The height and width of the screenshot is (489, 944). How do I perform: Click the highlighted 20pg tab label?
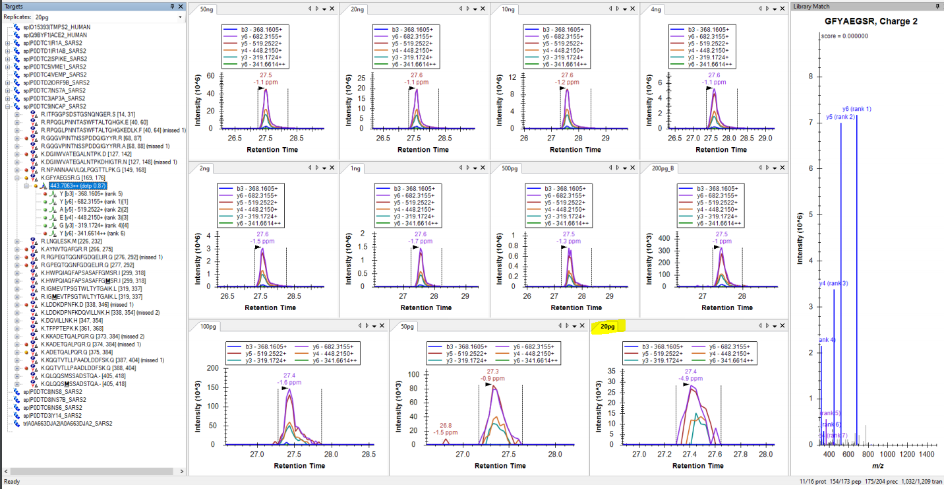(x=608, y=326)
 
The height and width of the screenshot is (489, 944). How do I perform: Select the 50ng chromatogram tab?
(x=207, y=9)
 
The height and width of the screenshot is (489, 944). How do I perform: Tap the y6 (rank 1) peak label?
(x=856, y=109)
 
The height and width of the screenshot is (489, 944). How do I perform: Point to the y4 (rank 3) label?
(x=833, y=284)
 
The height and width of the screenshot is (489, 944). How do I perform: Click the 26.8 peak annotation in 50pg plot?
(x=446, y=425)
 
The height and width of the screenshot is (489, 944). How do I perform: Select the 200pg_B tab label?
(x=664, y=168)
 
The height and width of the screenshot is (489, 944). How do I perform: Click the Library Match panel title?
(x=811, y=6)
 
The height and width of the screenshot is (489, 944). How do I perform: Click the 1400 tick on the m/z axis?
(x=927, y=455)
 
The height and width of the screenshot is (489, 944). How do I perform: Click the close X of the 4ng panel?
(x=783, y=9)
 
